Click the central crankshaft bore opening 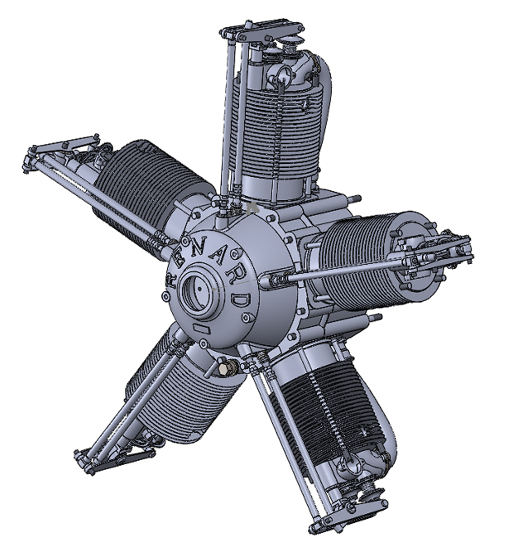199,290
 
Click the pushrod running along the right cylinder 344,271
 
